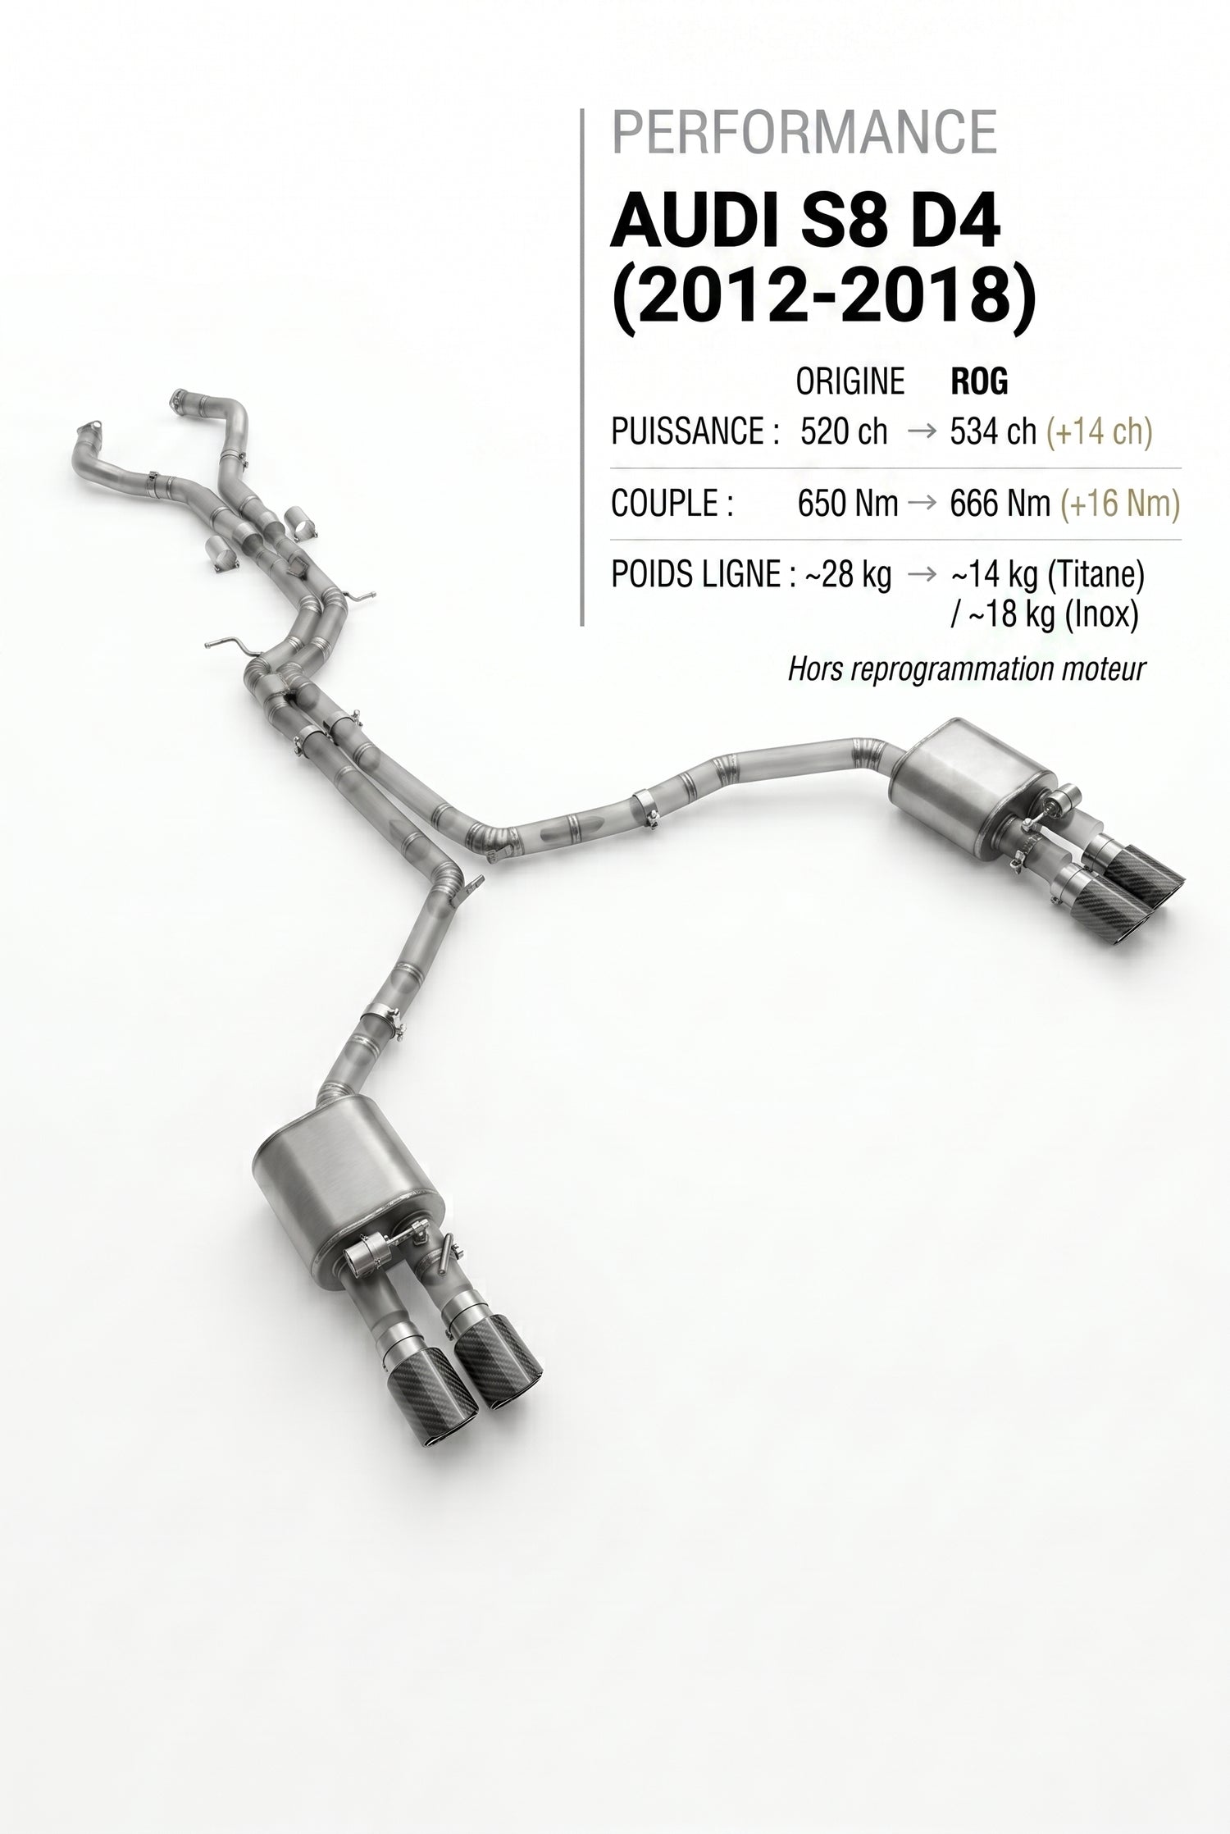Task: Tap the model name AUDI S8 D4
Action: [805, 223]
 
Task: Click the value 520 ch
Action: [844, 431]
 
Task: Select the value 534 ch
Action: [993, 431]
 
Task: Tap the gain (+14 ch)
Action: [1098, 431]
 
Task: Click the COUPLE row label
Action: [672, 504]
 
